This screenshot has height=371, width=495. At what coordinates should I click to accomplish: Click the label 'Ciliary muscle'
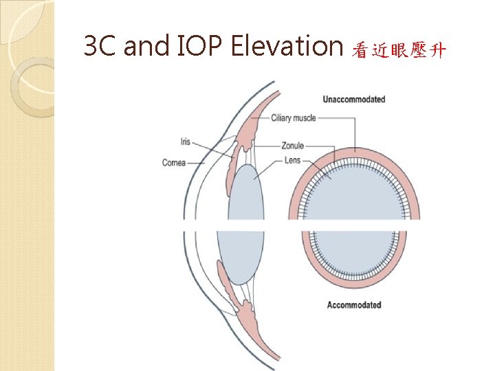click(294, 118)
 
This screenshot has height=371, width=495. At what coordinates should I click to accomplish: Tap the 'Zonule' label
click(292, 146)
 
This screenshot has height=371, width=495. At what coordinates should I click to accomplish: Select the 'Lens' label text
click(291, 161)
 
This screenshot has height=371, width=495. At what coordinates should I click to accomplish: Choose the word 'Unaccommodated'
click(353, 99)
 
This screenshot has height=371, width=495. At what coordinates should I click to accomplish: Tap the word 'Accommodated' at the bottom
click(353, 304)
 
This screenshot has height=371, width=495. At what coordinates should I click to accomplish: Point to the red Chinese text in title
click(399, 49)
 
